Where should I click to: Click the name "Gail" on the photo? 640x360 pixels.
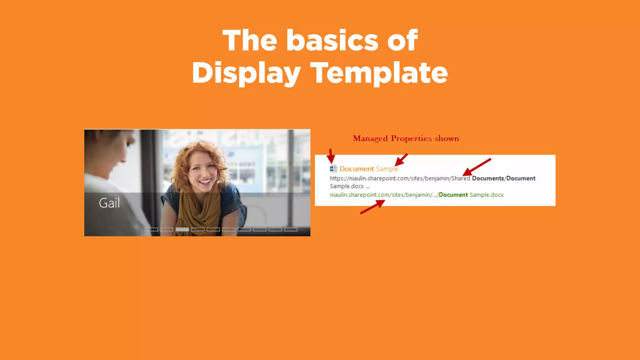click(109, 203)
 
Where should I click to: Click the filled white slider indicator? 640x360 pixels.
click(182, 229)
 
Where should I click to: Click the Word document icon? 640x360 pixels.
click(333, 169)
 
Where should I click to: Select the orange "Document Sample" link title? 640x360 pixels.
click(369, 169)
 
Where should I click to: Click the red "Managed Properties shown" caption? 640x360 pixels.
click(406, 138)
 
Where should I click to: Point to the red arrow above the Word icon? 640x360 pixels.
click(331, 156)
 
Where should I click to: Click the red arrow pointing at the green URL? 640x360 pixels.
click(372, 207)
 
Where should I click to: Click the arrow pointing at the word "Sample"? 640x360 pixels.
click(401, 160)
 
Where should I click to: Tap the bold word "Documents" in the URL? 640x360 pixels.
click(488, 178)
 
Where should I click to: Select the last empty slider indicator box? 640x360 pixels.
click(291, 229)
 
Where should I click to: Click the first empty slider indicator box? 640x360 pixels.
click(151, 229)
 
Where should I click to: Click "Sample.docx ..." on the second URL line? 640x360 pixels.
click(350, 186)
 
